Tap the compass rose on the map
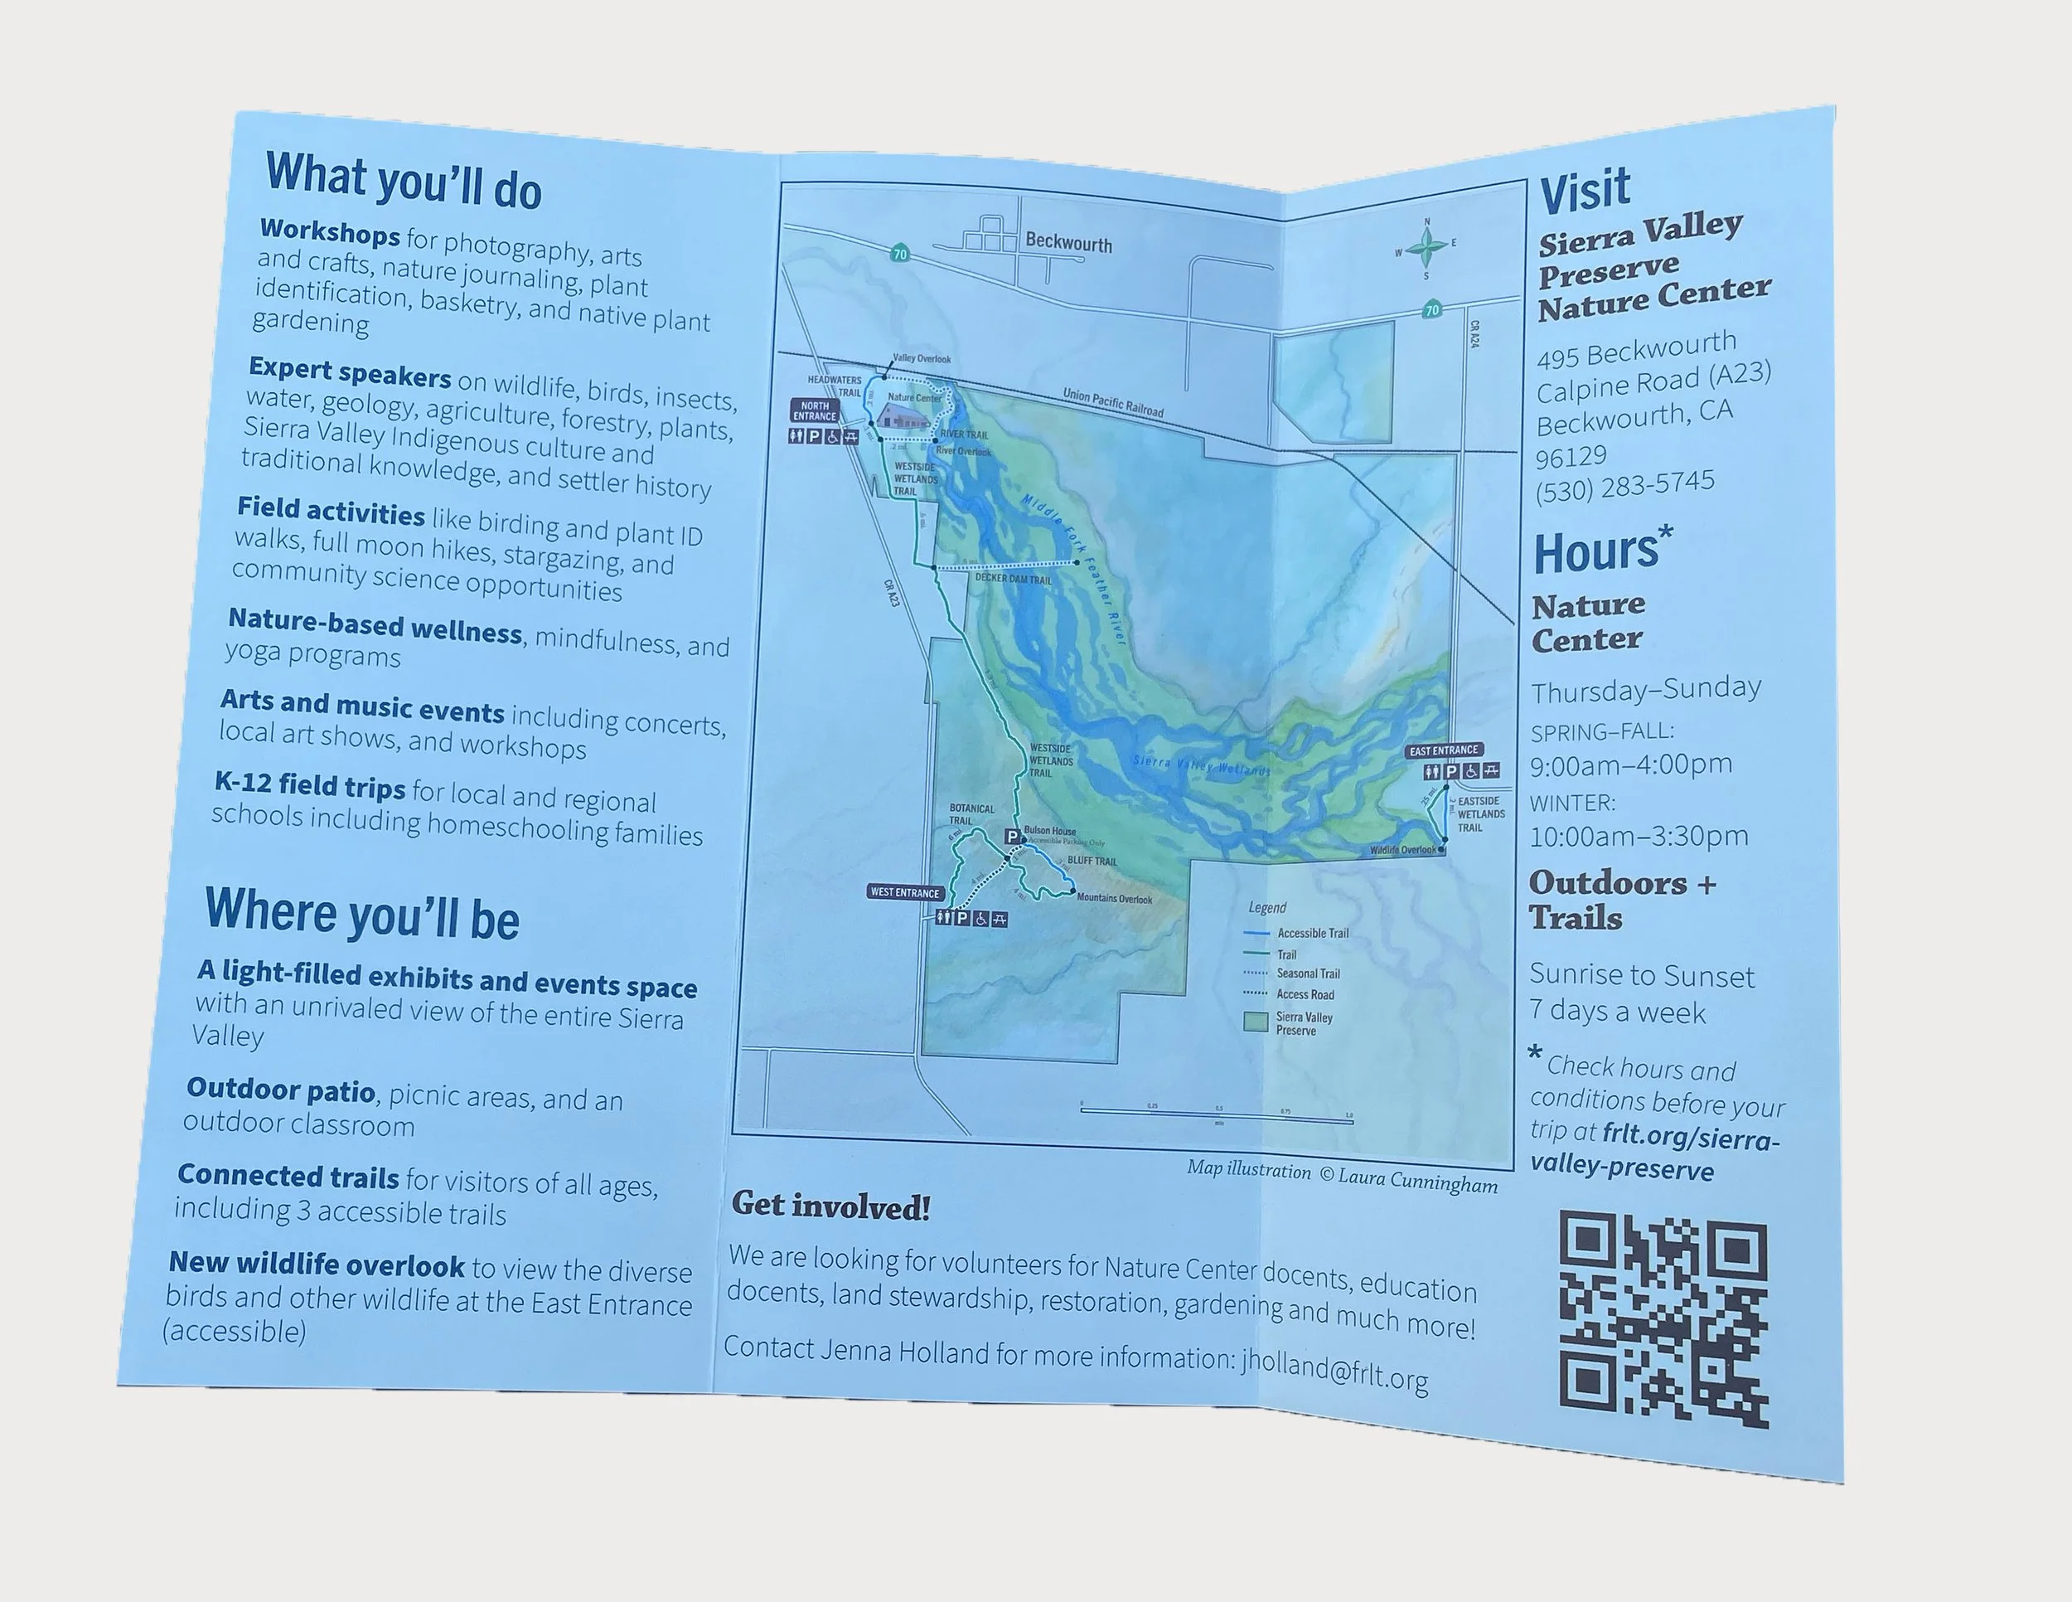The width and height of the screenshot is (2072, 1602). (x=1426, y=249)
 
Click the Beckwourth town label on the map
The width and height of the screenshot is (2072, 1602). (x=1068, y=243)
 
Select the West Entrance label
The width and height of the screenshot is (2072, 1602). (x=905, y=892)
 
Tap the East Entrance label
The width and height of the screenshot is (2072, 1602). (x=1443, y=750)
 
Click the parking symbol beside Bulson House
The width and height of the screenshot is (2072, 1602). (x=1012, y=836)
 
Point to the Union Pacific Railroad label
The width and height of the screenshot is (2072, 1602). (x=1113, y=401)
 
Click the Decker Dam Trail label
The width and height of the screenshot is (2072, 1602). (x=1014, y=579)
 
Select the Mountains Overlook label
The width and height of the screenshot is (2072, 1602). (x=1114, y=898)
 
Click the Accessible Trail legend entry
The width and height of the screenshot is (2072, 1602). (x=1311, y=933)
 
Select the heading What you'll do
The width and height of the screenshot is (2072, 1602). (x=403, y=180)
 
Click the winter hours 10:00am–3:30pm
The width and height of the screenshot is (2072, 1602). (x=1638, y=836)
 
